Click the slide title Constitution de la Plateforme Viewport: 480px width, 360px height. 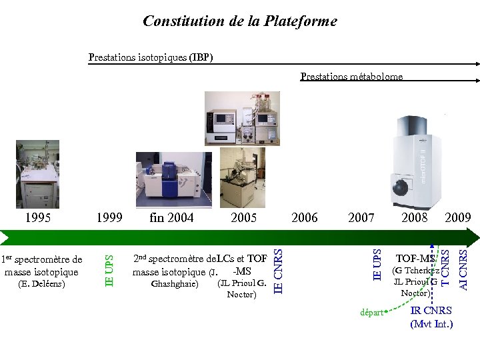click(240, 21)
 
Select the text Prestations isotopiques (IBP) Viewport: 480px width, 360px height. click(151, 57)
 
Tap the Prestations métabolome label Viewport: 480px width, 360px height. click(351, 77)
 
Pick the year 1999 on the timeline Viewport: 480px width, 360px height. click(109, 217)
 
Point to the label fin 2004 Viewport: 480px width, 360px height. click(171, 217)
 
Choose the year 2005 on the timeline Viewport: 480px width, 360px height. click(243, 217)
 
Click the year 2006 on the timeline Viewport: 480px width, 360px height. click(305, 217)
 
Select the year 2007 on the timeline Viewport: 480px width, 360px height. click(361, 217)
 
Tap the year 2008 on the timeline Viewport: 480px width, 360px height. click(415, 217)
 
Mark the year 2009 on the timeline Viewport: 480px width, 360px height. click(458, 217)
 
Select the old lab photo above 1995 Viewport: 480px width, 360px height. click(37, 174)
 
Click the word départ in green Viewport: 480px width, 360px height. click(371, 312)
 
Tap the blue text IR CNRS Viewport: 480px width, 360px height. click(431, 311)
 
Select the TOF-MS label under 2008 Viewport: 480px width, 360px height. click(415, 259)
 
